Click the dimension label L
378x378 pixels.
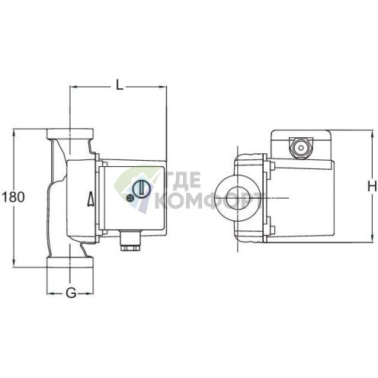point(120,84)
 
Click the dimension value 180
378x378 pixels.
point(14,197)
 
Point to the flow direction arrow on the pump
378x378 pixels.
point(92,200)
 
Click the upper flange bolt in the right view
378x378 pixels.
point(269,166)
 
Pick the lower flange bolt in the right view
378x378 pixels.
point(269,225)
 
